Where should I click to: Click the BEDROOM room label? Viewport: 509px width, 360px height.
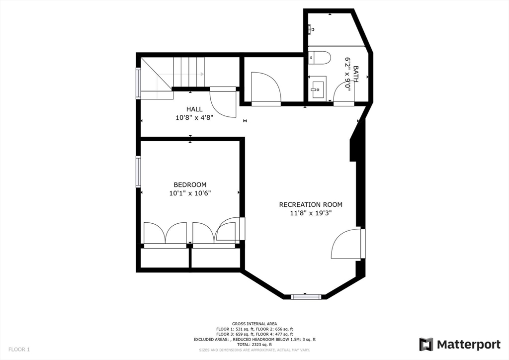point(190,184)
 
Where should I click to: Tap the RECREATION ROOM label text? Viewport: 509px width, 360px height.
point(311,204)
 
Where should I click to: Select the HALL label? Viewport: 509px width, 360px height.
point(194,109)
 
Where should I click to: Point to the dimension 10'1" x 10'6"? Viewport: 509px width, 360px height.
point(190,193)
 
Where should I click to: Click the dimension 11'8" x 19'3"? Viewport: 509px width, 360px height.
point(311,213)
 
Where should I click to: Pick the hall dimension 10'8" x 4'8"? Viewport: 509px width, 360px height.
point(194,118)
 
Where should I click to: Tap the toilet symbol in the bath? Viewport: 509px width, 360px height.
point(320,58)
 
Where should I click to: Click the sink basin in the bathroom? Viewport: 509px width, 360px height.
point(316,89)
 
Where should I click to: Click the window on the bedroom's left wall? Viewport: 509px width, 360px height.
point(139,172)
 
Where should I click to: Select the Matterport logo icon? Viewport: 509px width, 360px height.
point(426,344)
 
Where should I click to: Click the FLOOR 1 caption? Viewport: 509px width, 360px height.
point(19,350)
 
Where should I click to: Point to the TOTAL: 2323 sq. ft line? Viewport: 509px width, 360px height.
point(254,345)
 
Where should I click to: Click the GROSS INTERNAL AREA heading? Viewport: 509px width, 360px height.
point(254,324)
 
